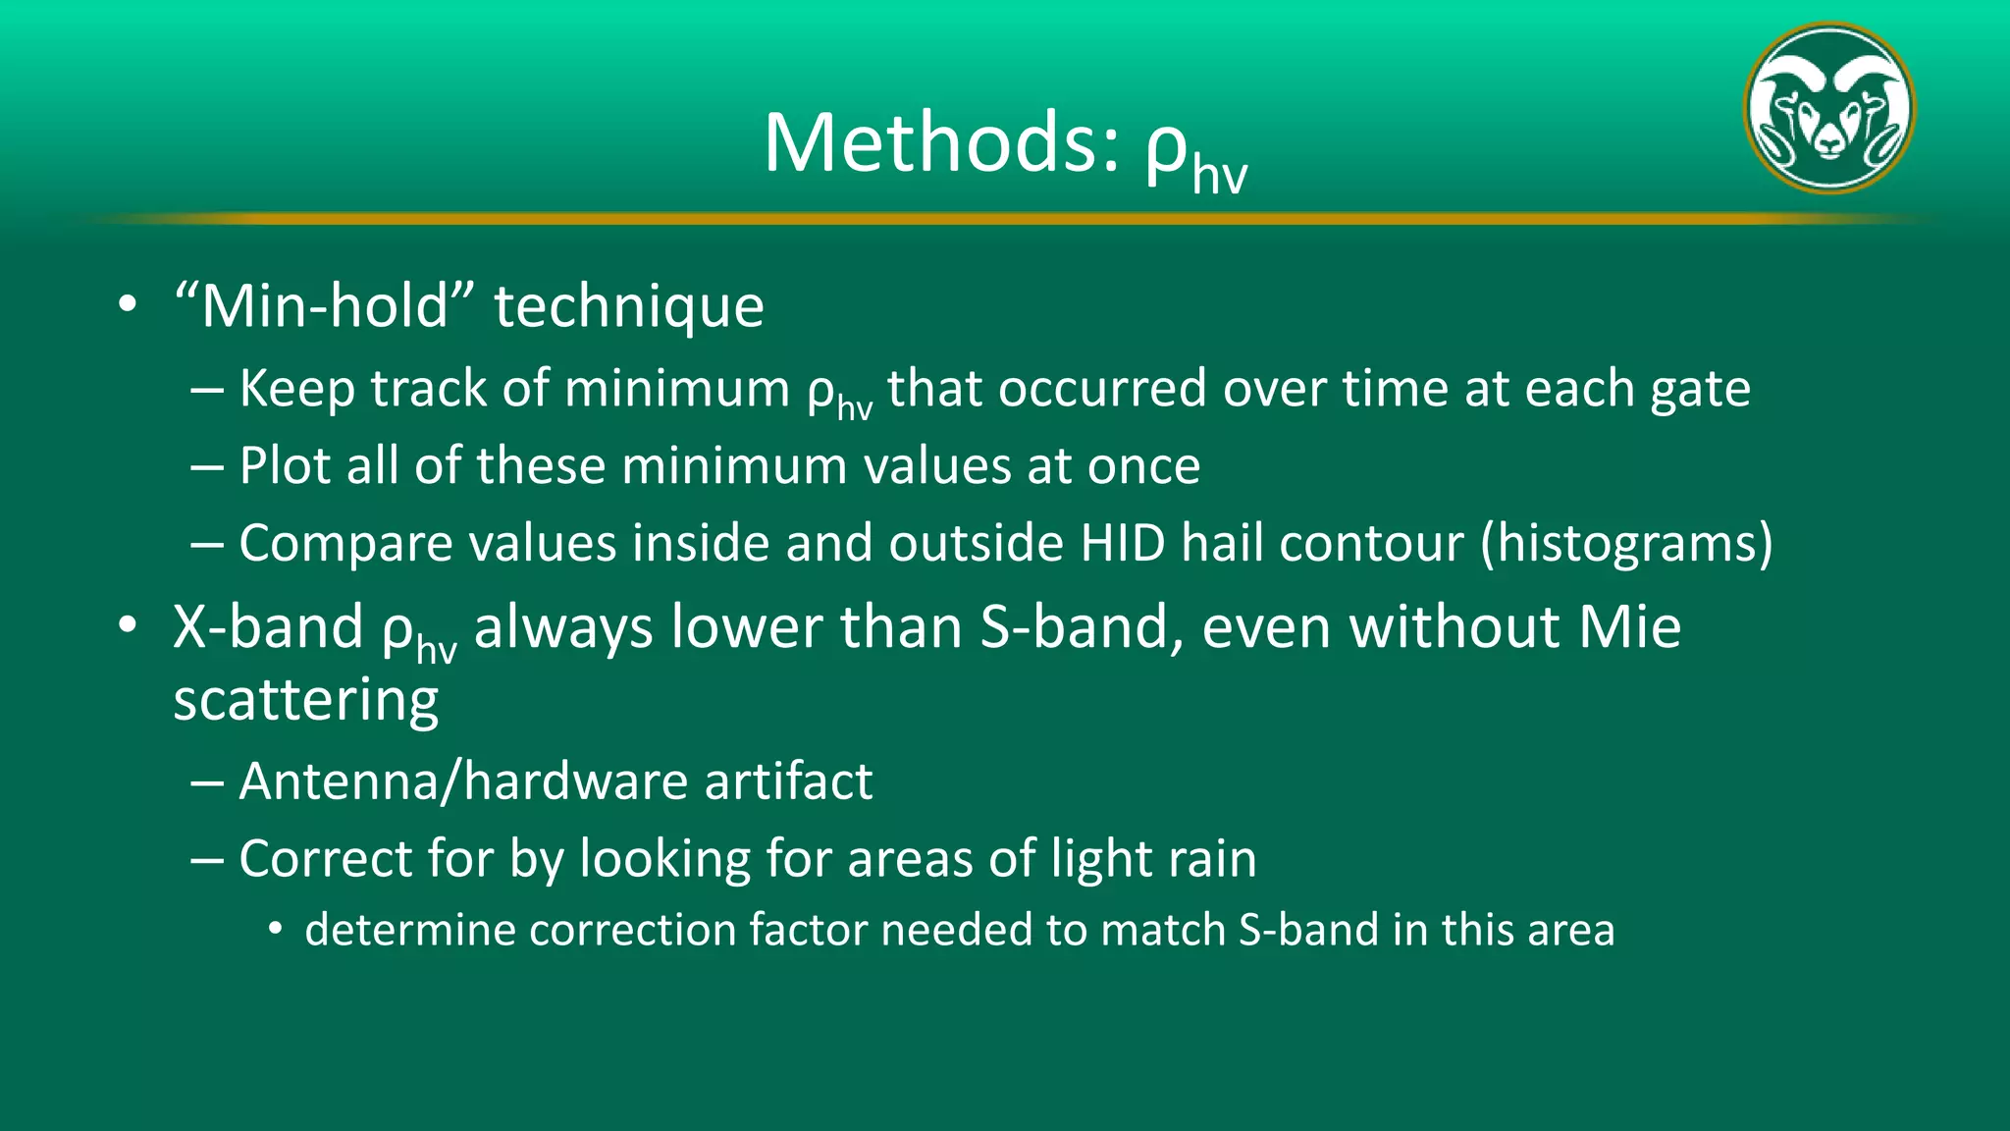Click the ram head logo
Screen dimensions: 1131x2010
click(1829, 108)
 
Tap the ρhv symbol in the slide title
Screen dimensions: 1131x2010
click(1195, 152)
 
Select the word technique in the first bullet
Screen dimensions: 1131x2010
click(628, 307)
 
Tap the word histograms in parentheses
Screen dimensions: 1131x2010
click(1626, 545)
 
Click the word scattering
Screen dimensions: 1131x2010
click(305, 701)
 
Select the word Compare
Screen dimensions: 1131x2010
click(345, 545)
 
